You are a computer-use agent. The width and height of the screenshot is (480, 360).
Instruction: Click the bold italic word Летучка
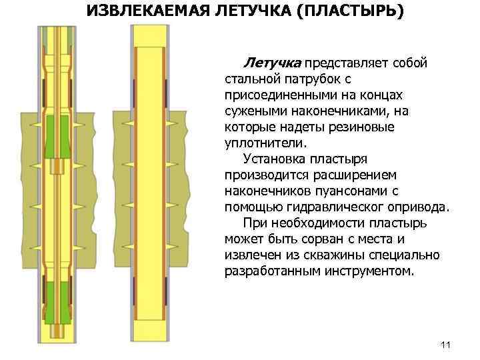click(x=273, y=63)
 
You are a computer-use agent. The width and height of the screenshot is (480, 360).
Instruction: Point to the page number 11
click(x=446, y=345)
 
